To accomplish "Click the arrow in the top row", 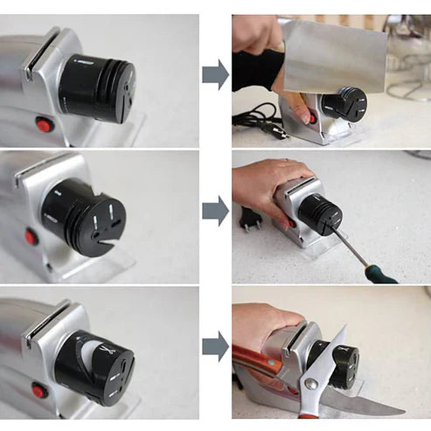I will point(215,74).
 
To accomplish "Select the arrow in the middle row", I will point(215,211).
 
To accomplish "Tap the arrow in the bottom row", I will point(215,346).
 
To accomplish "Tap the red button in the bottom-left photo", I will point(39,390).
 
